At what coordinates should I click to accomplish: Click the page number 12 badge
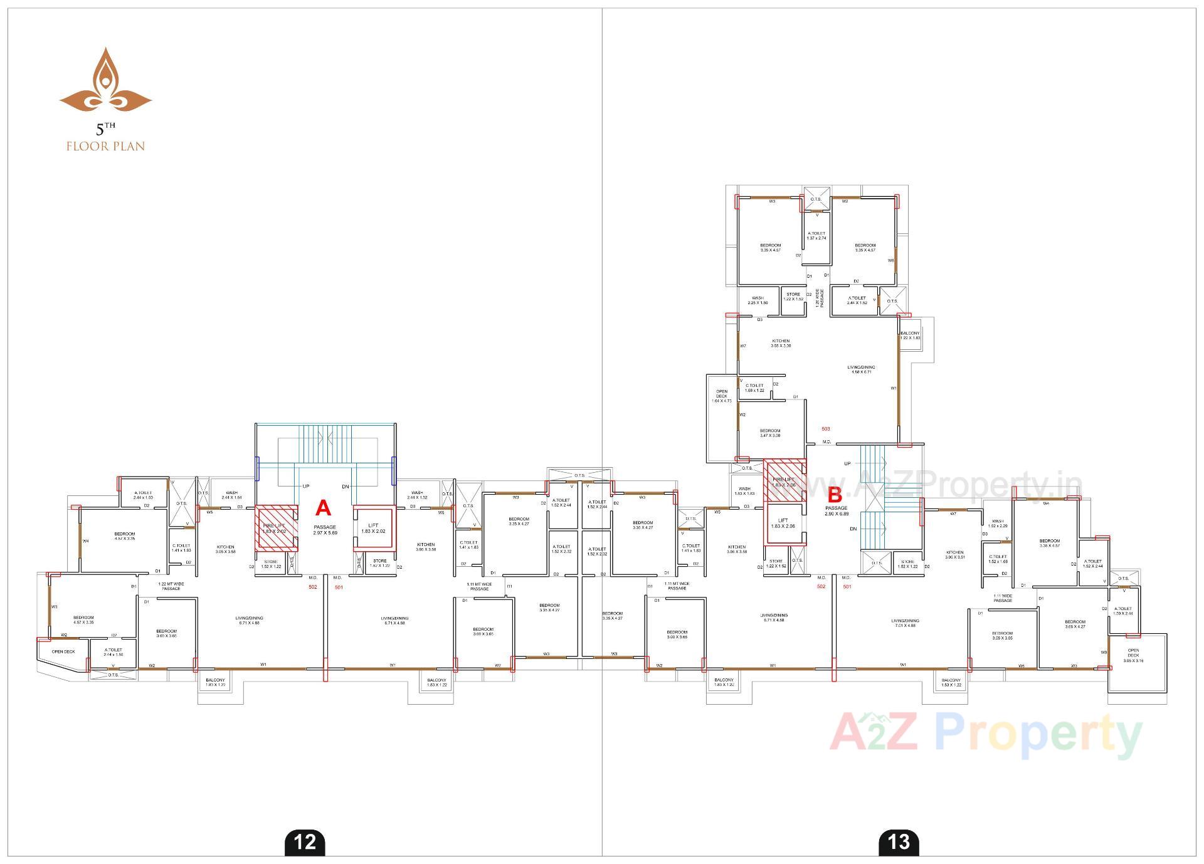click(305, 841)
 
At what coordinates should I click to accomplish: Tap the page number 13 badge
click(899, 841)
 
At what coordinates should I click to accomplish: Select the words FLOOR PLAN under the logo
click(105, 146)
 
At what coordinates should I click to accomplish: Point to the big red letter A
click(322, 507)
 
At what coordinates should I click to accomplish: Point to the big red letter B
click(835, 495)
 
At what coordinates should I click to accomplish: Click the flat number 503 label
click(826, 429)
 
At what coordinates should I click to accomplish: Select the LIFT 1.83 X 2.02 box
click(373, 528)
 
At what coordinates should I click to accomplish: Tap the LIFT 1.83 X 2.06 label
click(783, 523)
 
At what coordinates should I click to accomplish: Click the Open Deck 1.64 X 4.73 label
click(722, 396)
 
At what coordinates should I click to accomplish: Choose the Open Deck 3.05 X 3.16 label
click(1133, 655)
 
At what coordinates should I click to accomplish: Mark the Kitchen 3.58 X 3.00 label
click(781, 343)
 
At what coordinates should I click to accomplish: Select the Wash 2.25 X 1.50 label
click(758, 300)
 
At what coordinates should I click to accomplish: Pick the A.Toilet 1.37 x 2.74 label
click(816, 235)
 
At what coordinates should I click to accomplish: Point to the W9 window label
click(1104, 652)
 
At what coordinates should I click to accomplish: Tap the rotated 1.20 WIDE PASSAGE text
click(818, 298)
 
